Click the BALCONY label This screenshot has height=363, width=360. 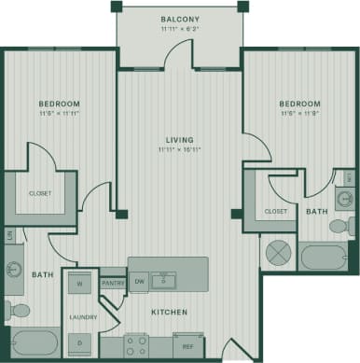point(178,19)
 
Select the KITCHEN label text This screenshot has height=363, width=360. point(169,312)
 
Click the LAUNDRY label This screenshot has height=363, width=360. point(82,317)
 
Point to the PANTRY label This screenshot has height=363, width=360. point(113,283)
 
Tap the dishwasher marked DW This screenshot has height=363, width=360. point(139,280)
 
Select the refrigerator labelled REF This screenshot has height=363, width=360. point(187,346)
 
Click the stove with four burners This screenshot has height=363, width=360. point(136,346)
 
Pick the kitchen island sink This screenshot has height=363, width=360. point(166,278)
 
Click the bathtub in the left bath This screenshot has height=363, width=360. point(33,342)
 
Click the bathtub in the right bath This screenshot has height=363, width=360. point(322,256)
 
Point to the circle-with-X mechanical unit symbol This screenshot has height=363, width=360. point(278,252)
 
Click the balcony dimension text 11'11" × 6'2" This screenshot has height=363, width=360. point(178,29)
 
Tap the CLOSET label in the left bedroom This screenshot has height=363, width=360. point(40,193)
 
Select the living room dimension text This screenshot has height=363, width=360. point(179,149)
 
